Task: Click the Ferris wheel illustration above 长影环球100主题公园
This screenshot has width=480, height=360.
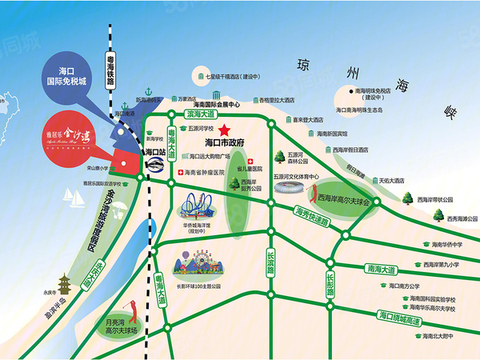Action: [188, 261]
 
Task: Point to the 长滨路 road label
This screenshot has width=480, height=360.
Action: [270, 262]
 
